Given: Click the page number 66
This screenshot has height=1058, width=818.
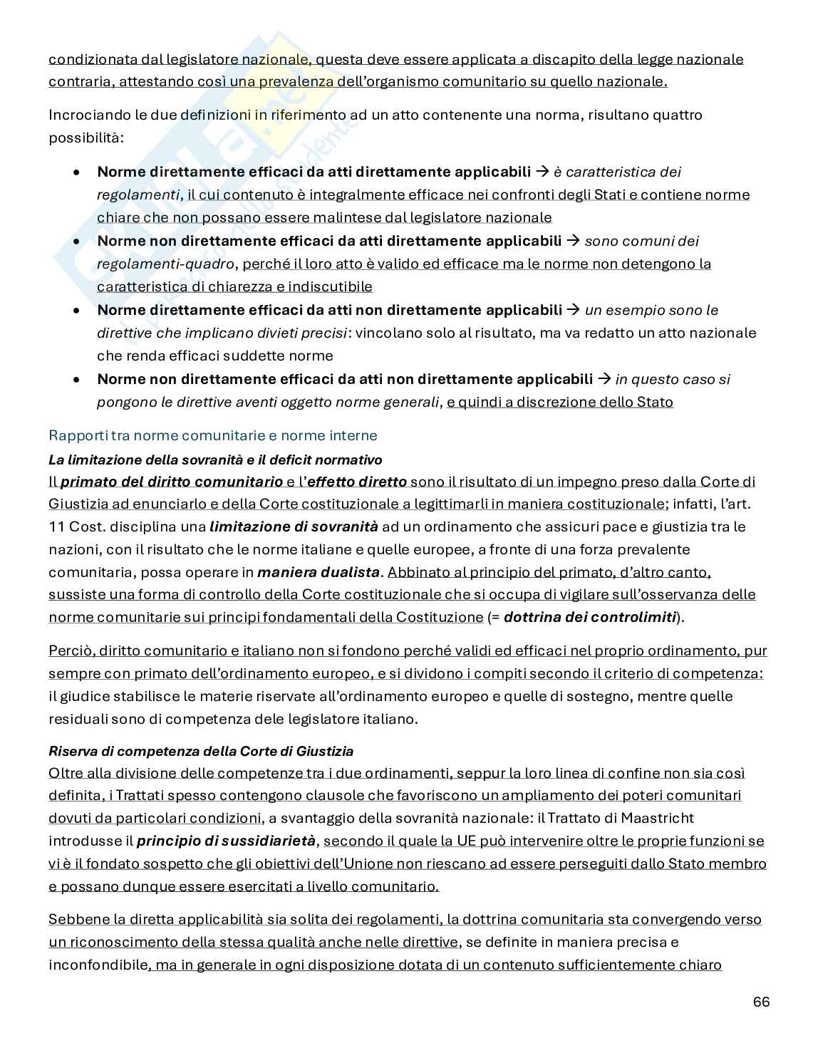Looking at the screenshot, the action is tap(761, 1002).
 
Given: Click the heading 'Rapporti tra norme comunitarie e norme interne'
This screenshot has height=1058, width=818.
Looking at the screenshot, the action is tap(212, 435).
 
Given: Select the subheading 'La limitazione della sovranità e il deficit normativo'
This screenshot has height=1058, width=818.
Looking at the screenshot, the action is tap(215, 460).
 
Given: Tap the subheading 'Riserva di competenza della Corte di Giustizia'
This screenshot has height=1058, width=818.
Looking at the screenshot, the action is tap(201, 751).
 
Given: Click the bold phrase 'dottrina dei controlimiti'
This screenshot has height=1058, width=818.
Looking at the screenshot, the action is tap(589, 617).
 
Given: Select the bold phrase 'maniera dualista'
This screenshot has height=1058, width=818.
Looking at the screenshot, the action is tap(318, 571).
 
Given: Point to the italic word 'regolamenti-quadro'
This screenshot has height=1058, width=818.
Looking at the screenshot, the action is tap(166, 264).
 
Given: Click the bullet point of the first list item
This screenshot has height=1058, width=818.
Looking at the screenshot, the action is tap(77, 172).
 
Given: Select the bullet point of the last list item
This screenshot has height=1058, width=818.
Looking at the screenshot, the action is tap(77, 380).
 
